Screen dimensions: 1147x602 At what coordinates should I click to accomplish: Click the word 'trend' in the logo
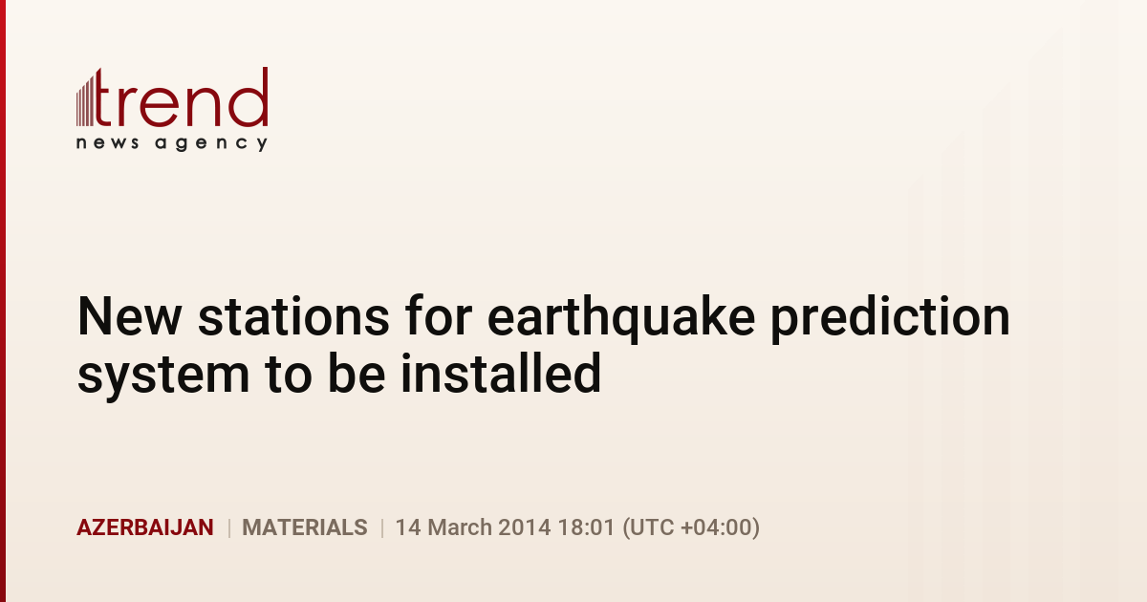tap(182, 97)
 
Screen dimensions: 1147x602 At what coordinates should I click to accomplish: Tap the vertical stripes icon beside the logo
tap(85, 99)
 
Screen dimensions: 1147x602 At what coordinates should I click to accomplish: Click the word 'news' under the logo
tap(107, 142)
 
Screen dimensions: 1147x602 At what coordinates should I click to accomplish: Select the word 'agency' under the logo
tap(211, 143)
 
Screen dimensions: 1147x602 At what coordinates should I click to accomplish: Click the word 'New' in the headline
tap(130, 317)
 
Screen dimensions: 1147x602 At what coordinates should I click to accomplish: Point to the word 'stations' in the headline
tap(294, 317)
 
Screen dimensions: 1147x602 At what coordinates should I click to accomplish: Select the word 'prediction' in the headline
tap(891, 319)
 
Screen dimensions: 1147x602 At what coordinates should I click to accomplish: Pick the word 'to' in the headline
tap(289, 375)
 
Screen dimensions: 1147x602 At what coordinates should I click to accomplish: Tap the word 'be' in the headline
tap(357, 373)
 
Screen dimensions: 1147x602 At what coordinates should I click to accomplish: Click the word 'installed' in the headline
tap(501, 373)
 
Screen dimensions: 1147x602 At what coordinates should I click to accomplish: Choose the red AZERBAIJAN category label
tap(145, 527)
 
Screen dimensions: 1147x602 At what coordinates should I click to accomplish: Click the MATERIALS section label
tap(305, 527)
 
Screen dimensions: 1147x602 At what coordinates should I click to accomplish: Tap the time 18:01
tap(586, 527)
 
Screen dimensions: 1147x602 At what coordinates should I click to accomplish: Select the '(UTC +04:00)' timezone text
tap(691, 528)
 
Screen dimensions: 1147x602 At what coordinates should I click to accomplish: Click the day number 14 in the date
tap(408, 527)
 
